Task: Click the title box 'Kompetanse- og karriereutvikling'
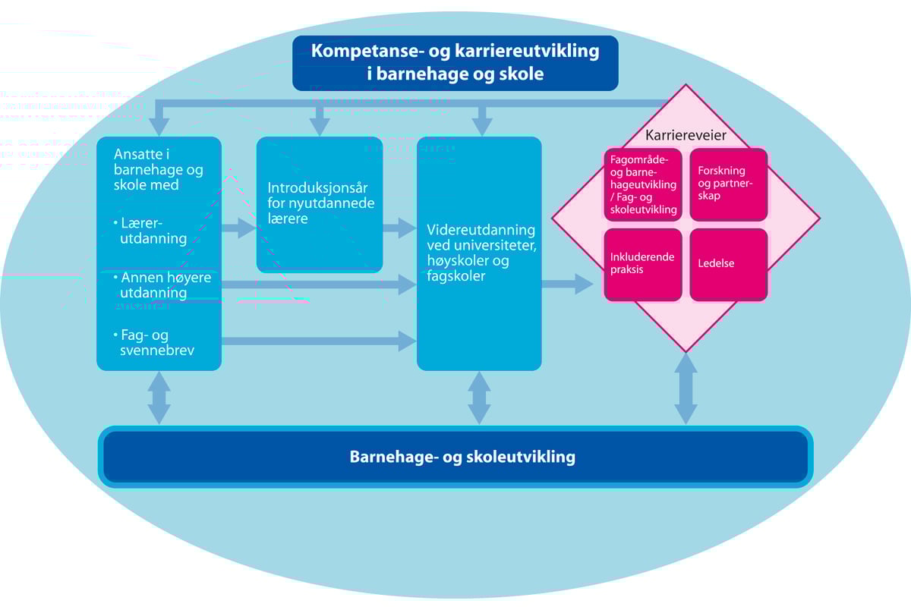(455, 63)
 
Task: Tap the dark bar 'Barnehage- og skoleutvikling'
(455, 457)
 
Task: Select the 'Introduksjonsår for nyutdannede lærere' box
(320, 203)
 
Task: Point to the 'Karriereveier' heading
(686, 135)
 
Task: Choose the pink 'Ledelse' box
(728, 264)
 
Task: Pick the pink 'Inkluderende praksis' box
(642, 264)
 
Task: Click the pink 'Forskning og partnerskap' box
(728, 184)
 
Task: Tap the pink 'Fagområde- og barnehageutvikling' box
(642, 184)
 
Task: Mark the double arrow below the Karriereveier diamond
(686, 388)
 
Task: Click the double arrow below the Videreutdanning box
(479, 398)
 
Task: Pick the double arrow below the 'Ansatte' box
(159, 398)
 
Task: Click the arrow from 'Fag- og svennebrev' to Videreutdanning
(319, 341)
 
